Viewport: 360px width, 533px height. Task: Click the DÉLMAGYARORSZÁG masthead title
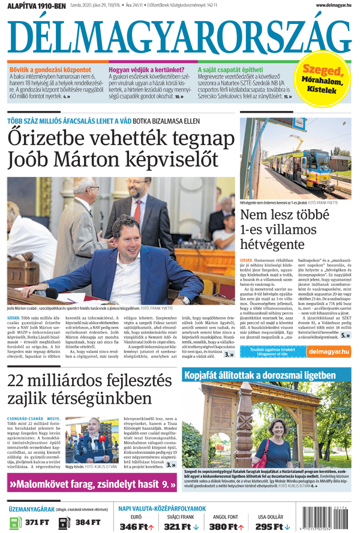click(x=179, y=37)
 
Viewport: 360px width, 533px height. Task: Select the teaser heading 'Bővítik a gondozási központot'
click(x=50, y=70)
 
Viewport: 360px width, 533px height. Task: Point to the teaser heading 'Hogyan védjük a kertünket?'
click(x=146, y=70)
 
